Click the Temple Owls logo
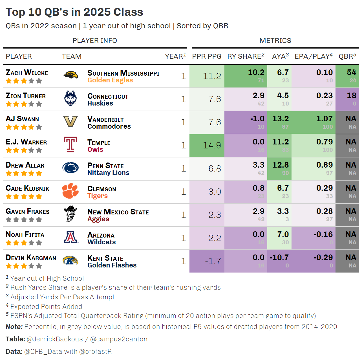(70, 145)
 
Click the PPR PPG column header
(207, 56)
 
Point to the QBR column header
(347, 56)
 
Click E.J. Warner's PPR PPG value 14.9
(212, 145)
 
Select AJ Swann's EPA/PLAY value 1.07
(325, 119)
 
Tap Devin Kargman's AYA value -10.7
(279, 258)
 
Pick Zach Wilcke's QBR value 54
(352, 73)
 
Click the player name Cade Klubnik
(28, 188)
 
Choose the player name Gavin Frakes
(28, 211)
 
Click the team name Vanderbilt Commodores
(109, 123)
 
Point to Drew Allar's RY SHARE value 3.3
(259, 165)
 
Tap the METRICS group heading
(275, 41)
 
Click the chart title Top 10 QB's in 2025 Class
(74, 12)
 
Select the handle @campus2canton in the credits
(119, 339)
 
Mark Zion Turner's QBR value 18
(352, 96)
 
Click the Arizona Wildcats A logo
(70, 237)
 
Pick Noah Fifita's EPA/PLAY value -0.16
(323, 234)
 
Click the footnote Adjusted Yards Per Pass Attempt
(62, 297)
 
